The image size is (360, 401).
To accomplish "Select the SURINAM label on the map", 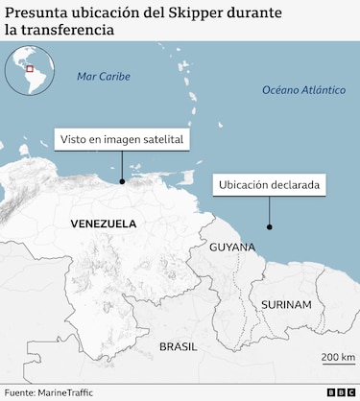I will click(285, 305).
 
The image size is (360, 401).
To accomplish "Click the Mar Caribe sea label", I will click(102, 76).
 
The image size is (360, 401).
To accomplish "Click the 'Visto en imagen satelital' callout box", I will click(121, 140).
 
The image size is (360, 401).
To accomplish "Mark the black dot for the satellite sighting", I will click(122, 180).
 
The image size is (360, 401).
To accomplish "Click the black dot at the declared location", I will click(270, 227).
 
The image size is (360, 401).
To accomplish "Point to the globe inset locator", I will click(30, 71).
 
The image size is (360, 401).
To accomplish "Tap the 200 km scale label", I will click(338, 357).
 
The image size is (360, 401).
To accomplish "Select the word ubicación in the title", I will click(110, 12).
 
